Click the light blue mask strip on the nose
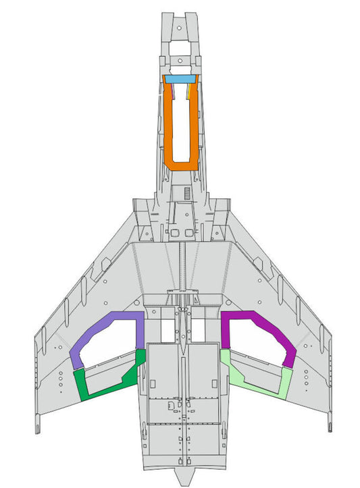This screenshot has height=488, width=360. tap(180, 79)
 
